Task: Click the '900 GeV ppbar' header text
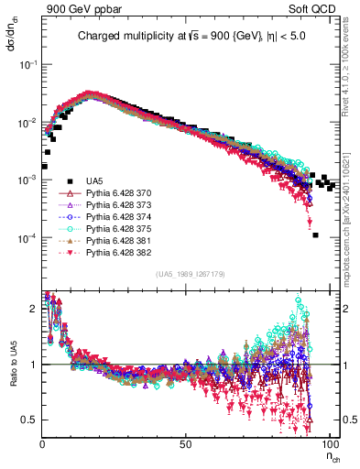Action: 77,8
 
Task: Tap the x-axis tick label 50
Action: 185,443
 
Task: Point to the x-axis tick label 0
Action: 42,443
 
